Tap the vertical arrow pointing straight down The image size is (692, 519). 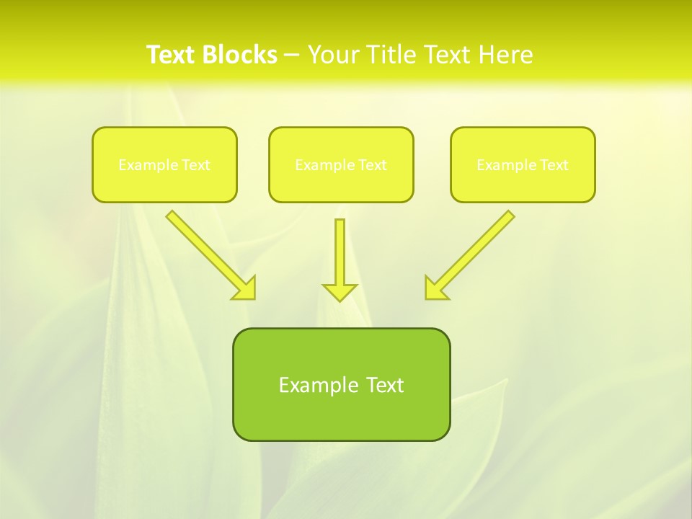(340, 252)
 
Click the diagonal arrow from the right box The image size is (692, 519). (476, 249)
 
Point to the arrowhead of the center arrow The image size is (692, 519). (340, 291)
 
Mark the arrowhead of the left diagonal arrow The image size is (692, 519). (245, 288)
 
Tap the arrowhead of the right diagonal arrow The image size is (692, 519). (435, 288)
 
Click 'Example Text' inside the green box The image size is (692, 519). (341, 385)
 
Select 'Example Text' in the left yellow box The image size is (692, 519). (164, 165)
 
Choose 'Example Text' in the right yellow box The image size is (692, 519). (523, 165)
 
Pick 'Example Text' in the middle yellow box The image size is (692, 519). (341, 165)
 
